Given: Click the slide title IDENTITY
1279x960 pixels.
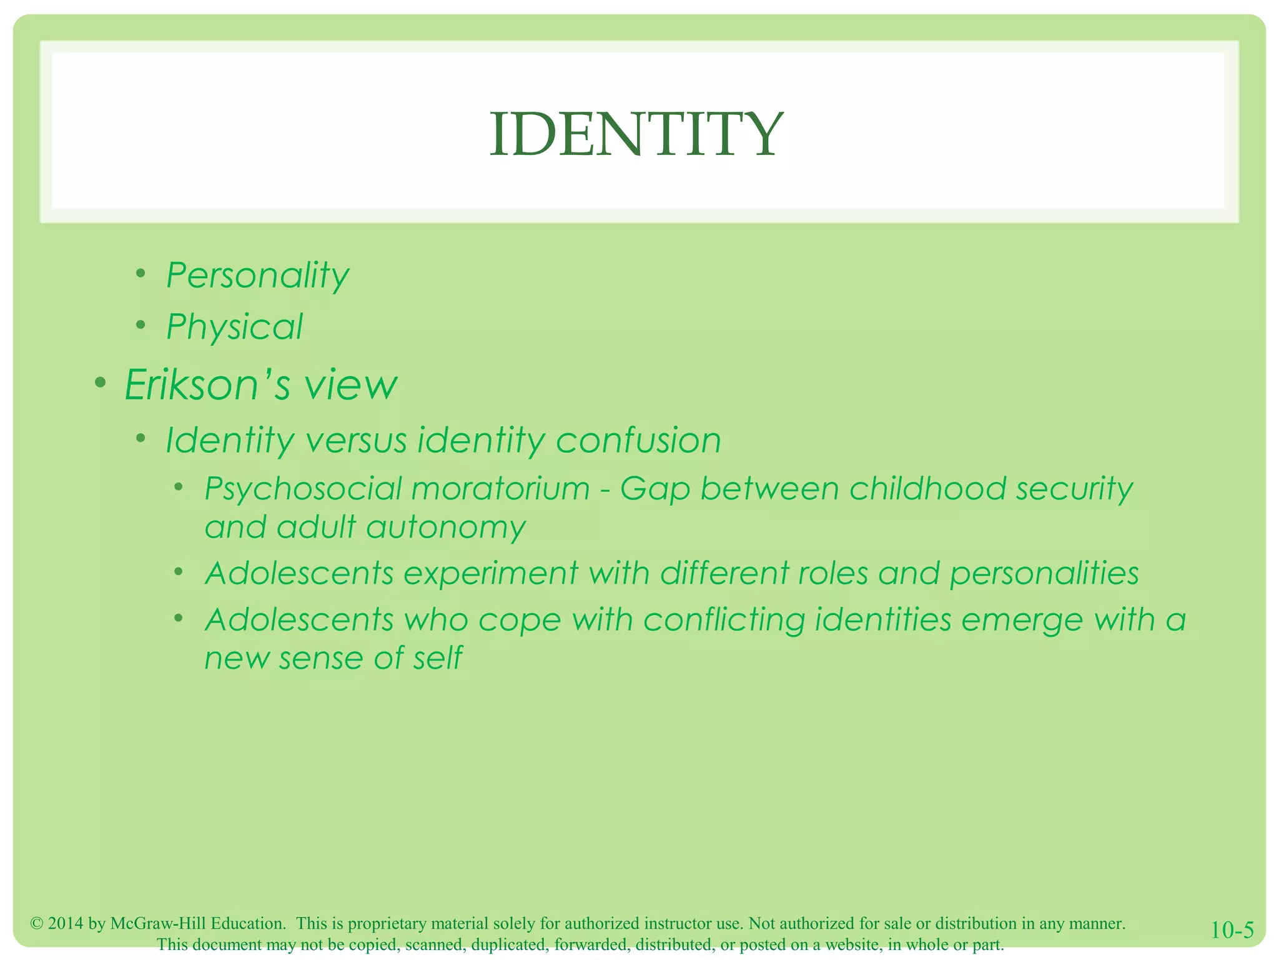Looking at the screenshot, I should pos(636,134).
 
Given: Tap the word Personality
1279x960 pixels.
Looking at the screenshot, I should pos(257,276).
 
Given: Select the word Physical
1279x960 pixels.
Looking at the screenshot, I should pos(234,327).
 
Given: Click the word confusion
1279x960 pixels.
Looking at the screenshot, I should pos(638,440).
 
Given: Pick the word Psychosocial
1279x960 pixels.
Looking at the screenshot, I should pos(302,489).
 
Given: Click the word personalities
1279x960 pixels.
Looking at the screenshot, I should pos(1044,574).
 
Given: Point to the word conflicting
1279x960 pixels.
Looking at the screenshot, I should pos(724,621).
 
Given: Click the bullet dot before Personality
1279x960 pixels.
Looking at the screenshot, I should pos(141,273).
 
